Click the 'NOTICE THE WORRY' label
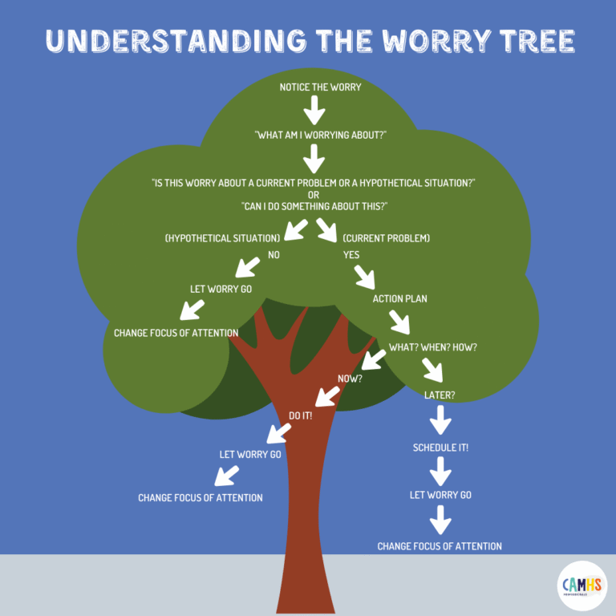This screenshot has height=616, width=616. [x=320, y=87]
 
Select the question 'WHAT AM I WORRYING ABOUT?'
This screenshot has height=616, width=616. [x=321, y=135]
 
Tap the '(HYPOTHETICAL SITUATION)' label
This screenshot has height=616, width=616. [x=222, y=238]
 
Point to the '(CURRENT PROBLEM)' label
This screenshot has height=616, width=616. [x=387, y=238]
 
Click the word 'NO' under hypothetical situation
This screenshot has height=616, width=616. [x=274, y=255]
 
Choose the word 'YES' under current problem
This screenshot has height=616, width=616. [x=351, y=255]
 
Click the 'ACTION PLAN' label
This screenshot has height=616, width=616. [x=399, y=299]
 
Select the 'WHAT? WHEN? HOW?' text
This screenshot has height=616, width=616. [x=432, y=347]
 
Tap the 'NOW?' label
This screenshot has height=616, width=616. [x=350, y=378]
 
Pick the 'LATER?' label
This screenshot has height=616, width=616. [x=440, y=395]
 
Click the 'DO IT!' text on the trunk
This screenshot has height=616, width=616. [x=301, y=415]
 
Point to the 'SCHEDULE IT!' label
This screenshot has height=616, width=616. [x=440, y=448]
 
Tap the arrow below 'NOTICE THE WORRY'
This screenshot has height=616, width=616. [x=315, y=110]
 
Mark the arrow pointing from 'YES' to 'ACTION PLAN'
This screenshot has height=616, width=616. [x=364, y=277]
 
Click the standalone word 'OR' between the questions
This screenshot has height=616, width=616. [x=314, y=195]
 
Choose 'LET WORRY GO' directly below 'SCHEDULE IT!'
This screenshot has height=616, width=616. [x=440, y=495]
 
